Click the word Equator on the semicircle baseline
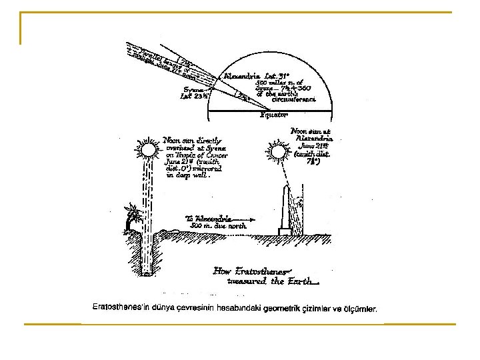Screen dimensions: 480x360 (275, 114)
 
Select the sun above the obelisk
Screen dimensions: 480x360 (277, 152)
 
